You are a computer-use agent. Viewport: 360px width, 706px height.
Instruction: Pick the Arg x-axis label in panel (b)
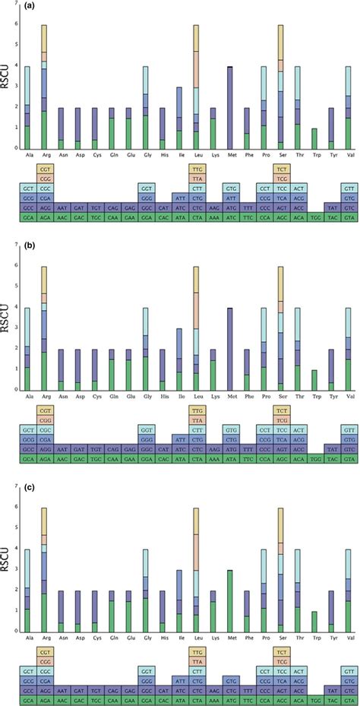(x=44, y=396)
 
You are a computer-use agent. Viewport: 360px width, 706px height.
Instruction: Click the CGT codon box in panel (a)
(x=45, y=168)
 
